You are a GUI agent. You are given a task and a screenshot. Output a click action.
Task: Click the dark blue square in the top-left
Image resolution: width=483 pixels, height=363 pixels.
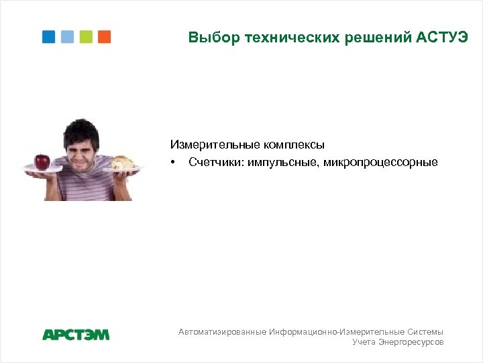(x=49, y=36)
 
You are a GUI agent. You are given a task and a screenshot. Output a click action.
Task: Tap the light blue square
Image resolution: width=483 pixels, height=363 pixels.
(x=67, y=36)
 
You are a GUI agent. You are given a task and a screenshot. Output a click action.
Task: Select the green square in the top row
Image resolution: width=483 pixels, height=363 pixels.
(x=86, y=36)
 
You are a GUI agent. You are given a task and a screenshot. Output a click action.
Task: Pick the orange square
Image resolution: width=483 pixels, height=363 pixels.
(x=104, y=36)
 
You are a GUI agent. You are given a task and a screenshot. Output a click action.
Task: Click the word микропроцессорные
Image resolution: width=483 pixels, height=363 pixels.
(x=380, y=162)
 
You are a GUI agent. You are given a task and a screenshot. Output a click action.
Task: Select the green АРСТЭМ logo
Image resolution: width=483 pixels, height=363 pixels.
(x=76, y=335)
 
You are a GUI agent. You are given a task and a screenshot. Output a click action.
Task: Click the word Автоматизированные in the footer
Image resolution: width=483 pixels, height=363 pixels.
(x=222, y=332)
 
